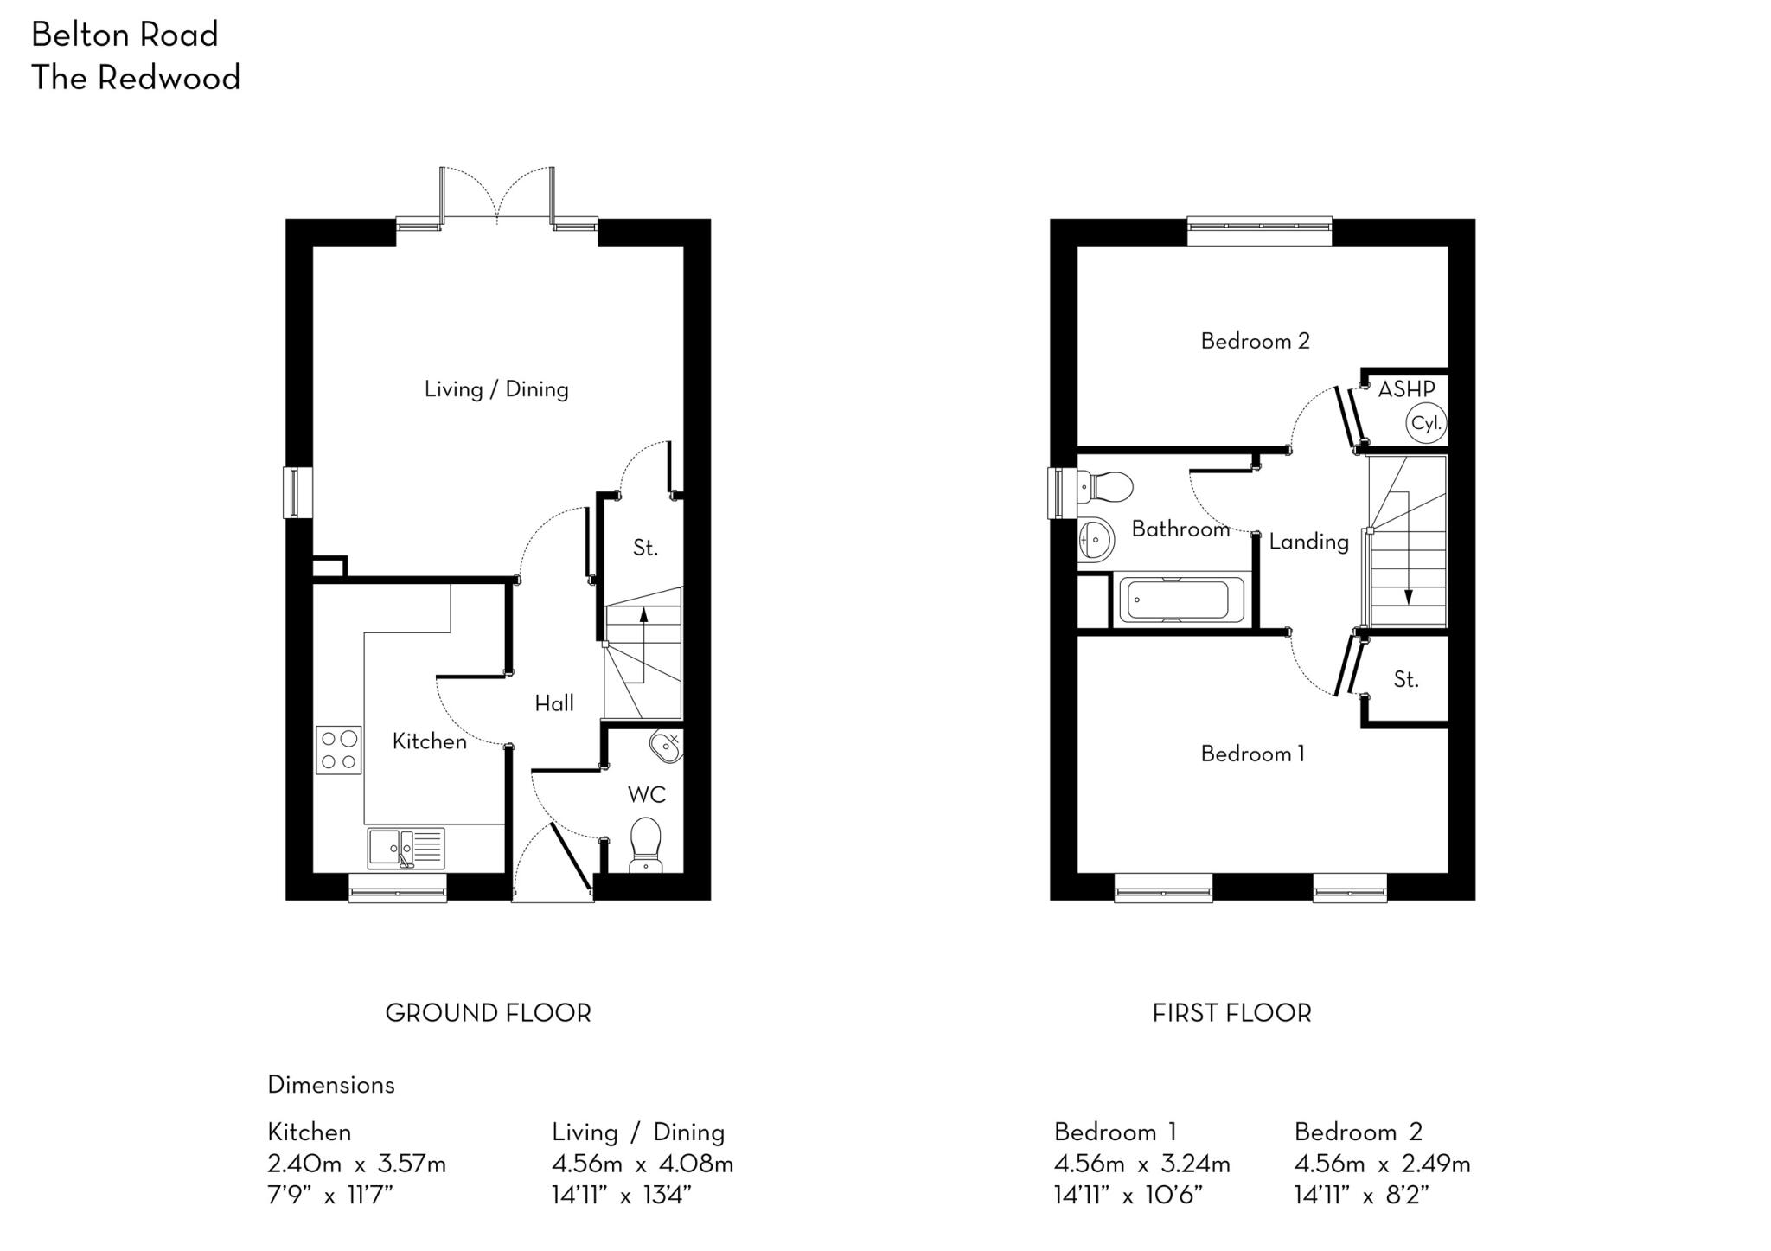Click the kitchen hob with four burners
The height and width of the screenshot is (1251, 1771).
(339, 750)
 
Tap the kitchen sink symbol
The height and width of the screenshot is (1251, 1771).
(406, 848)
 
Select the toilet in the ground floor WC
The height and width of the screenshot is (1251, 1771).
(645, 844)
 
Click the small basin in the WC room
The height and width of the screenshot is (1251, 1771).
(666, 745)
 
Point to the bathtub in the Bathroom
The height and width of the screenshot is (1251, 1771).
(1181, 601)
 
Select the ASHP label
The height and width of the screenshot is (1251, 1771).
(1406, 389)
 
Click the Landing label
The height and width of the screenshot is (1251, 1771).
(1308, 542)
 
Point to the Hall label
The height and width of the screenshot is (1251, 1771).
(554, 703)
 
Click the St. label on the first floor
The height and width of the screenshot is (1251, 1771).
(1406, 680)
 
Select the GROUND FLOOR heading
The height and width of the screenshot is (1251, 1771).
(488, 1013)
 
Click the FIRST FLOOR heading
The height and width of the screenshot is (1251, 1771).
(1231, 1013)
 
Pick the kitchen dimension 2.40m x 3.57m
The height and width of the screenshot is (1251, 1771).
(356, 1164)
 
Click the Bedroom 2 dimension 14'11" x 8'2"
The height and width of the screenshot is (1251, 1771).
(1361, 1196)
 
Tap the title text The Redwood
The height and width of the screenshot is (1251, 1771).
(136, 78)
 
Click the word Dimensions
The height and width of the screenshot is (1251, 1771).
(331, 1085)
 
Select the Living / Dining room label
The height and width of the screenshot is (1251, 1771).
(496, 389)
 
